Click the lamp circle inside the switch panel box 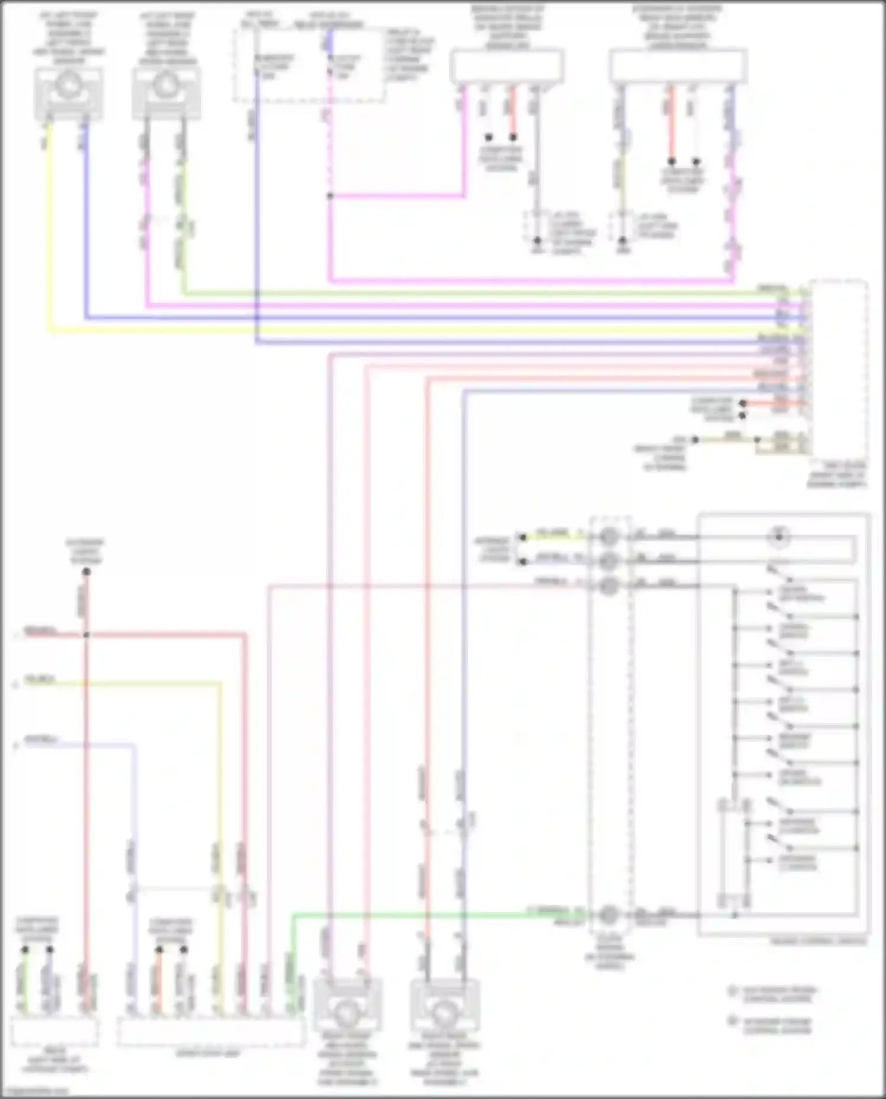pos(778,537)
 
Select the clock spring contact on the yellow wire pos(610,537)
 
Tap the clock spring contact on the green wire pos(610,915)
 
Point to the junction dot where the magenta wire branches pos(330,196)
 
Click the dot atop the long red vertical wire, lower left pos(86,572)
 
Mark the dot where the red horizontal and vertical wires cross pos(86,635)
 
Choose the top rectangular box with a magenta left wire pos(507,67)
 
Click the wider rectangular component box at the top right pos(678,66)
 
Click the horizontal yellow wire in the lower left pos(118,684)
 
